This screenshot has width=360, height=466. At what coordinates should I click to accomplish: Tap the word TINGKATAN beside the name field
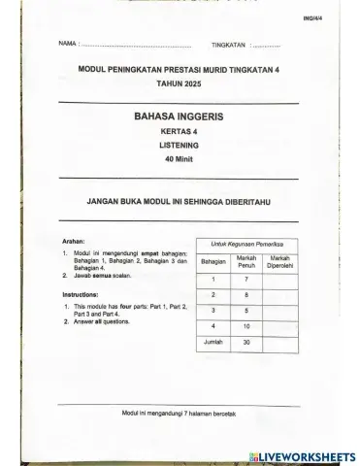(229, 46)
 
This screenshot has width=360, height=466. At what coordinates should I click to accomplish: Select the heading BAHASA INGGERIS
(181, 115)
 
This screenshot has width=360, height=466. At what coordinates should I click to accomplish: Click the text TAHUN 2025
(181, 85)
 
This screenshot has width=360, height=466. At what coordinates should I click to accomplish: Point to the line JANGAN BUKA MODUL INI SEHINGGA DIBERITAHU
(181, 202)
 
